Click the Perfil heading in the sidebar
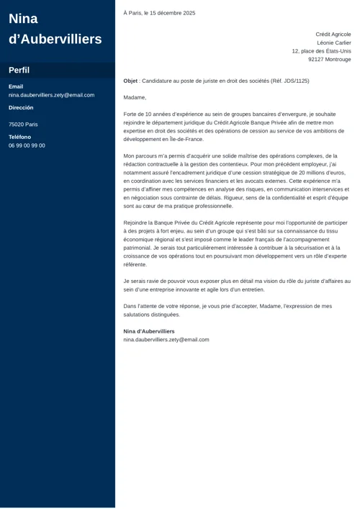19,71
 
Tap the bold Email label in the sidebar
16,86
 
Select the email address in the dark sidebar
51,95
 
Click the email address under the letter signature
166,339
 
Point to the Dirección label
21,107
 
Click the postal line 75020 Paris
23,125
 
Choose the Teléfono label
19,137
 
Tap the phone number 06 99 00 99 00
27,145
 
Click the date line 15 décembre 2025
169,13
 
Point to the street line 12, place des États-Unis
321,51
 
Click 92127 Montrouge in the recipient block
330,60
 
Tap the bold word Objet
130,81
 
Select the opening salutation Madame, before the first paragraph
135,97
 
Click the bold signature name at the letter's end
149,331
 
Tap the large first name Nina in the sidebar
24,19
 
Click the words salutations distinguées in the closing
152,315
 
